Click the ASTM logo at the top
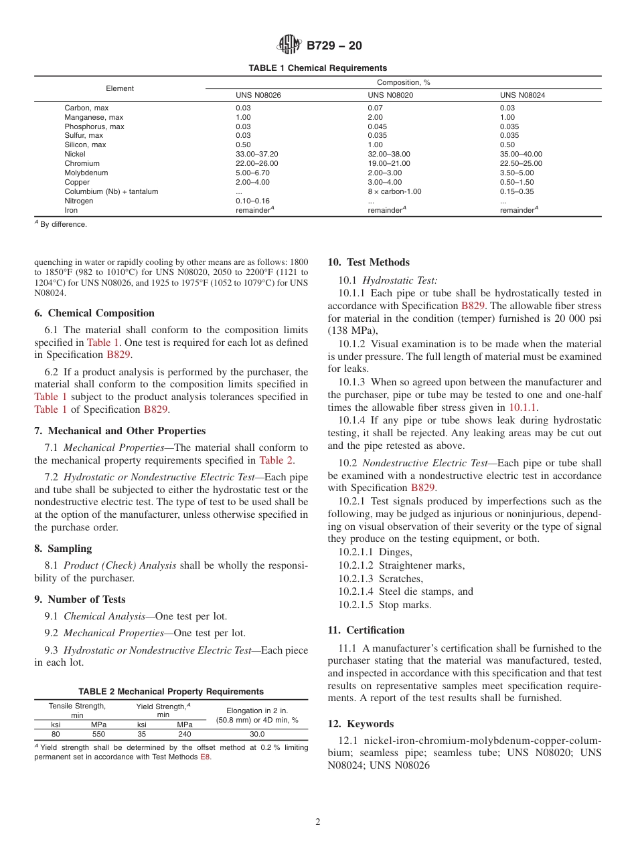(289, 45)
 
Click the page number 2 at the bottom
(318, 822)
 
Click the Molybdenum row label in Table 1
(84, 173)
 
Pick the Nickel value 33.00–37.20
(257, 154)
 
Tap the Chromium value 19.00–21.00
(389, 163)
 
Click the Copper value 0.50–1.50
(521, 182)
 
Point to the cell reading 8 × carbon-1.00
(394, 191)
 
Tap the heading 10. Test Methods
(368, 262)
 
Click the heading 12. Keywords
(360, 724)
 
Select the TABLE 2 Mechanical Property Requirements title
(171, 691)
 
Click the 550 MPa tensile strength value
(98, 734)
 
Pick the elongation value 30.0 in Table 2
(258, 734)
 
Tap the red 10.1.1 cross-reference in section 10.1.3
(523, 407)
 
